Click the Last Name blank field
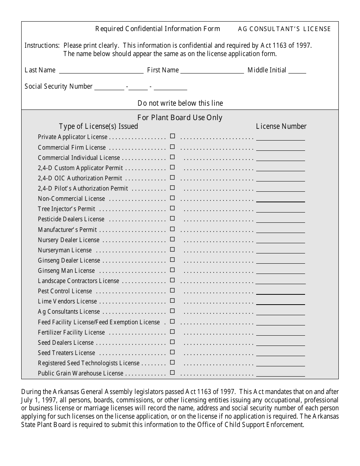101,70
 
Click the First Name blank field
212,70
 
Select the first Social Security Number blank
109,87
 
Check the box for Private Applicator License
172,136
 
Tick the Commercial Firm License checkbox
172,147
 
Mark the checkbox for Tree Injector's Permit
172,208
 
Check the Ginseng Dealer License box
172,260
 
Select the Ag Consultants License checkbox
172,311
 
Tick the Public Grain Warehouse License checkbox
172,372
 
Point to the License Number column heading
281,127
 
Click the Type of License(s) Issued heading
99,127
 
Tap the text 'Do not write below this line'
180,103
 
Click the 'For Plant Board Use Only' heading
180,117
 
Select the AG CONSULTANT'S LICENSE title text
284,29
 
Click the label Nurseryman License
65,250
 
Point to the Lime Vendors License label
67,302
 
